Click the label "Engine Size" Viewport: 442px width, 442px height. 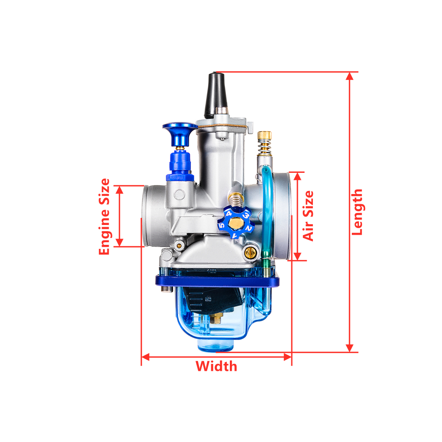104,217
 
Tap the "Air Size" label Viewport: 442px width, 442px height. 308,216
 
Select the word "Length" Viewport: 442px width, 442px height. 357,212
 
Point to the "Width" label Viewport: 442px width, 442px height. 216,366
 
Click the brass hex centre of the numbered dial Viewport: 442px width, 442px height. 236,224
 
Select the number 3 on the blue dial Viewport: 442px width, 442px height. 246,216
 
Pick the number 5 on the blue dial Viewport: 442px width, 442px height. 222,225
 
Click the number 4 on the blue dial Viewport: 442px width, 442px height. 229,213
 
